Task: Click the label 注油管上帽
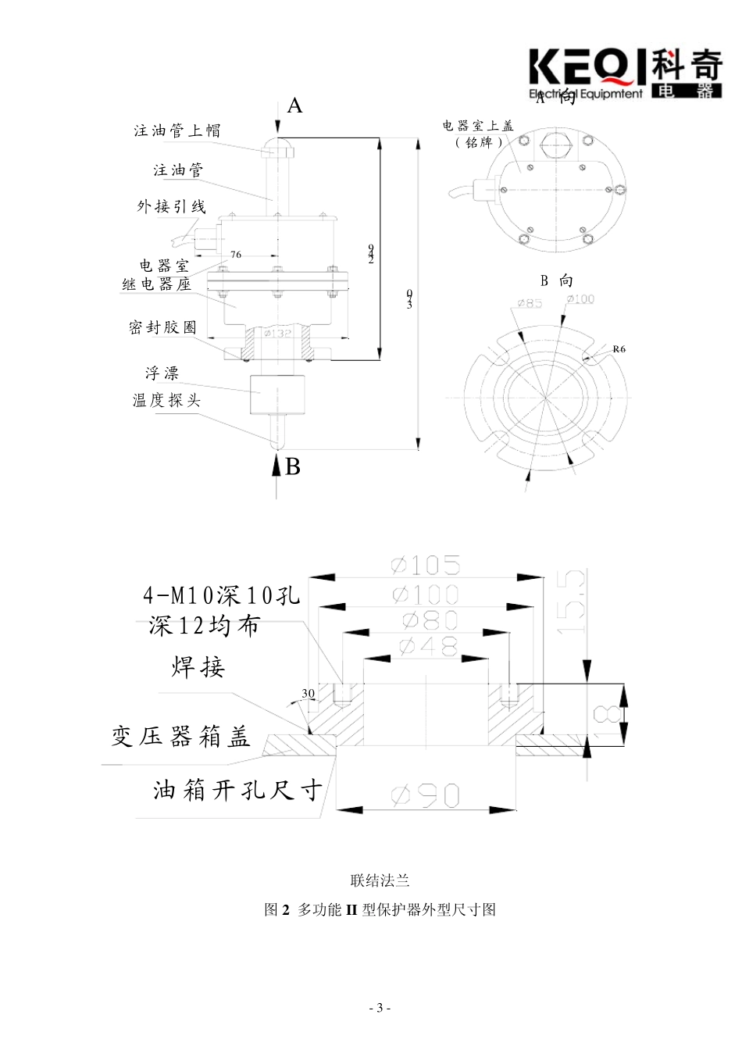pos(177,130)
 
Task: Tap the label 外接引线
pos(171,207)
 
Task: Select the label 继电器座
pos(156,284)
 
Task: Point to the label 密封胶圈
pos(163,327)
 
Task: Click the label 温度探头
pos(166,401)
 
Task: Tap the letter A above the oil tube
pos(294,105)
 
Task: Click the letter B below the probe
pos(293,466)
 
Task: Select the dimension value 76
pos(236,255)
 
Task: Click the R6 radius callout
pos(619,349)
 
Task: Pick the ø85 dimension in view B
pos(530,303)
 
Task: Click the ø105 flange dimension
pos(426,565)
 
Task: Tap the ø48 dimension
pos(427,645)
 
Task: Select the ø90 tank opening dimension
pos(426,796)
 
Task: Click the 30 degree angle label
pos(309,694)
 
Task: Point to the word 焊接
pos(198,668)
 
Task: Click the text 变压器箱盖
pos(180,737)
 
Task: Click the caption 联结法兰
pos(380,881)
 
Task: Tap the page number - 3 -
pos(380,1008)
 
